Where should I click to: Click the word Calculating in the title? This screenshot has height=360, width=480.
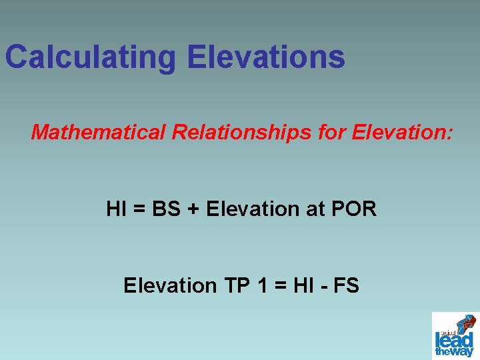[91, 57]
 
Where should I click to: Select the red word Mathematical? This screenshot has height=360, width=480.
[98, 132]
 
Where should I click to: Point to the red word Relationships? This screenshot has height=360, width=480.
[242, 132]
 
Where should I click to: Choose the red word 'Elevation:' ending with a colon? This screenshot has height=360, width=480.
[402, 132]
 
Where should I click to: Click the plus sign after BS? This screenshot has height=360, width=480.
[193, 210]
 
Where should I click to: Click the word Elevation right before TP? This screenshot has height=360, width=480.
[169, 286]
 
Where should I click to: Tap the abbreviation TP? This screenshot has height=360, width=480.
[235, 286]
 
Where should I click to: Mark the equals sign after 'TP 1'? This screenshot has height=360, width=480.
[280, 287]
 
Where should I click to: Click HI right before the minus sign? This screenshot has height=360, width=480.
[303, 286]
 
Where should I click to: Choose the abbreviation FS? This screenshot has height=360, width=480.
[347, 286]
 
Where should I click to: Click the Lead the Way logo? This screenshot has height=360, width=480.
[455, 335]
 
